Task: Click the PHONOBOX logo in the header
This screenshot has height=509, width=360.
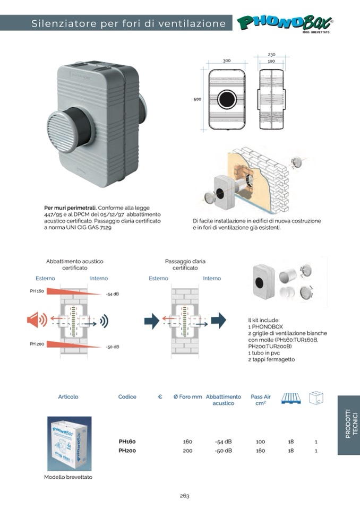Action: [x=285, y=23]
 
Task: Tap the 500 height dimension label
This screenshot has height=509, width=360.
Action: [x=197, y=99]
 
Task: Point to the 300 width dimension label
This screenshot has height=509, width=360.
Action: [x=227, y=61]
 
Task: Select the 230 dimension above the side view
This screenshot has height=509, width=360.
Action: [x=271, y=54]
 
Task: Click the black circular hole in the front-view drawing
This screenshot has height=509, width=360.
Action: [x=227, y=99]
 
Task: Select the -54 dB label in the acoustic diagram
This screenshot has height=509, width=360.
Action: [x=112, y=294]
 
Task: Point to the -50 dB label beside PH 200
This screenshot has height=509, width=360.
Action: [x=112, y=347]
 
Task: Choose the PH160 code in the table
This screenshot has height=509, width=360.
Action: [x=127, y=442]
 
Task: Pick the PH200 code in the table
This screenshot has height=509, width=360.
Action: [x=127, y=451]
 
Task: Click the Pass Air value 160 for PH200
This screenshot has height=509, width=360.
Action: [x=260, y=451]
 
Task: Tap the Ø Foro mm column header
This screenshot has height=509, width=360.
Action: [x=187, y=396]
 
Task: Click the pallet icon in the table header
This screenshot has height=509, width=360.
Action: [x=291, y=398]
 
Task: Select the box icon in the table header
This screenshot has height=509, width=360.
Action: [x=316, y=398]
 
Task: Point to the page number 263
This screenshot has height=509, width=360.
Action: [x=184, y=496]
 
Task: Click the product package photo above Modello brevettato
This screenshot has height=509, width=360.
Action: [x=69, y=443]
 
